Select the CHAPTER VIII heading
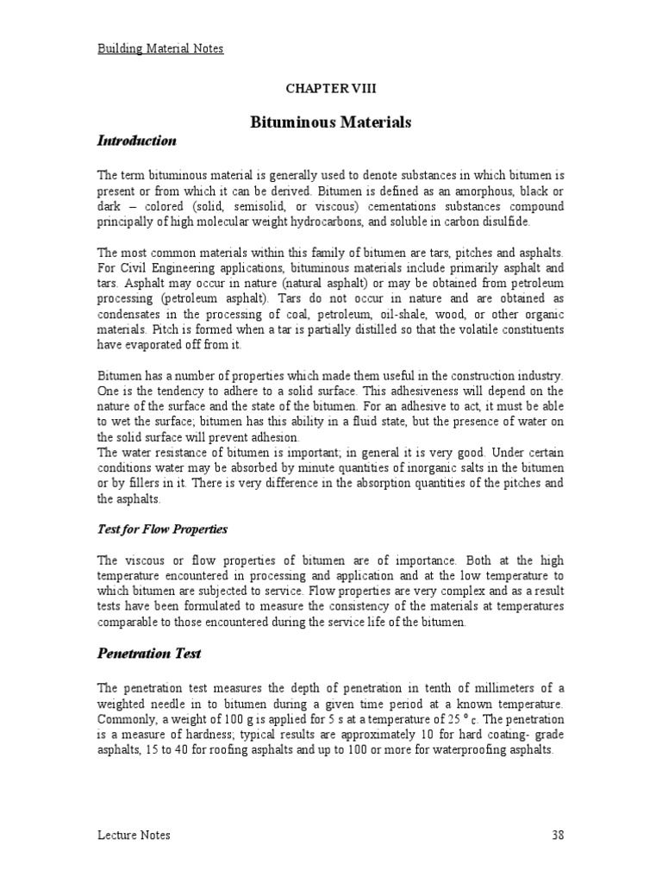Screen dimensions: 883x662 (330, 89)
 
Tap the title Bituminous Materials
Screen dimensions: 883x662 (330, 122)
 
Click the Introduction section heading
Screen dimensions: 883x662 (136, 141)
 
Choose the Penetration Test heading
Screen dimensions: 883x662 (148, 654)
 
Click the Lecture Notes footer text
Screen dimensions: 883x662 (133, 835)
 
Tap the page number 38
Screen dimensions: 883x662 (556, 835)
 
